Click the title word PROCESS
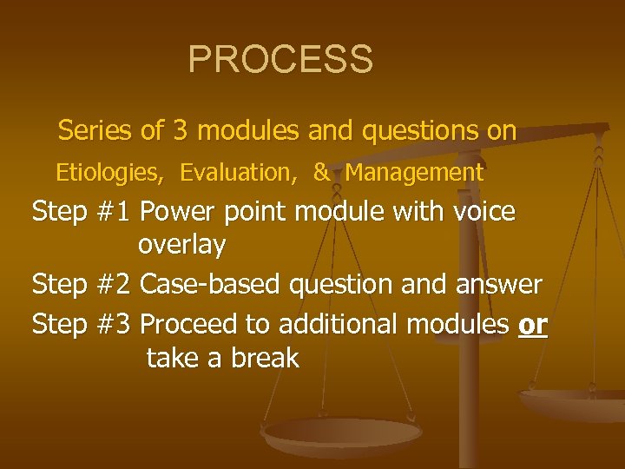click(x=280, y=60)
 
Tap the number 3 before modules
click(x=180, y=131)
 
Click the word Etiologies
click(x=109, y=173)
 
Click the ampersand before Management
click(x=321, y=173)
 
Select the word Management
click(x=414, y=173)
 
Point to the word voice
click(x=480, y=212)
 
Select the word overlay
click(x=181, y=246)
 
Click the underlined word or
click(x=532, y=324)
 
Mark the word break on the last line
click(x=264, y=358)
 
